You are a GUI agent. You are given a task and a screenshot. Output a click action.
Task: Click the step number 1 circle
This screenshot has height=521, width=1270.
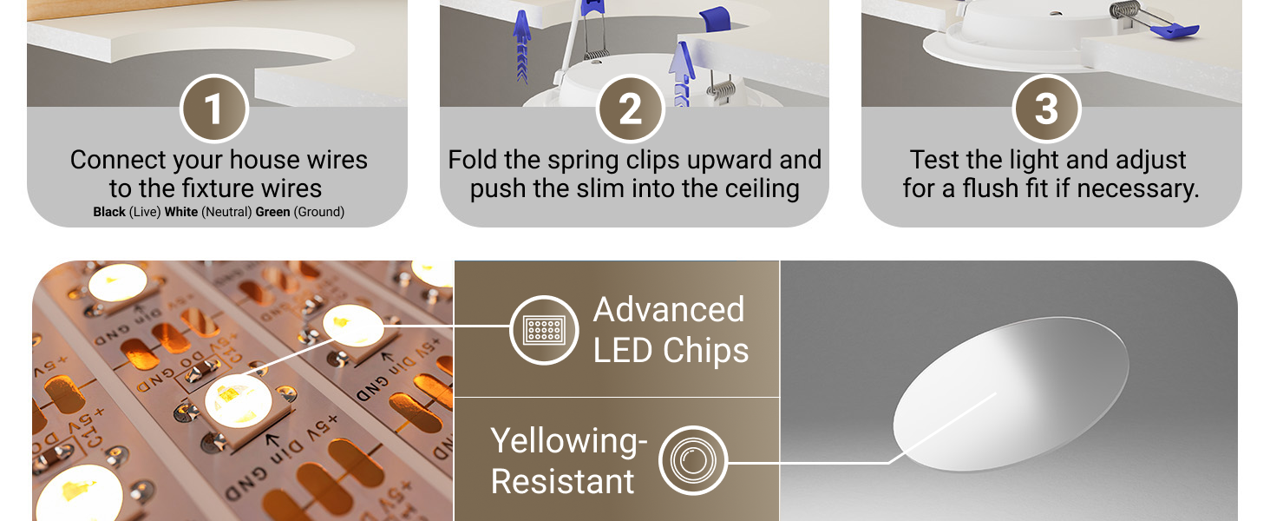(x=214, y=109)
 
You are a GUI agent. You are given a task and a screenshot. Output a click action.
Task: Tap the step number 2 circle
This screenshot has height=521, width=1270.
(x=631, y=109)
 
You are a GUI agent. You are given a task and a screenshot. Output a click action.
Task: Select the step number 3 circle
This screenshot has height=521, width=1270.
(x=1046, y=109)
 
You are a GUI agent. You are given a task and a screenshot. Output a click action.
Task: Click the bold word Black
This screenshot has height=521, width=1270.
(x=109, y=212)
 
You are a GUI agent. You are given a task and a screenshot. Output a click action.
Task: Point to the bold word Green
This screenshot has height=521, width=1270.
(x=272, y=212)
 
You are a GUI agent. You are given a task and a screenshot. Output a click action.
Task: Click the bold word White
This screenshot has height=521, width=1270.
(x=181, y=212)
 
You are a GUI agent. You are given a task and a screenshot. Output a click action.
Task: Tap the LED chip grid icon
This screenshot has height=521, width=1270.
(x=544, y=330)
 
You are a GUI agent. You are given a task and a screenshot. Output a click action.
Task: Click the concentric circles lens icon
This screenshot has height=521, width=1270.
(x=693, y=460)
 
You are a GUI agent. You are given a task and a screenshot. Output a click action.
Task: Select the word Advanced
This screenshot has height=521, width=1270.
(x=669, y=310)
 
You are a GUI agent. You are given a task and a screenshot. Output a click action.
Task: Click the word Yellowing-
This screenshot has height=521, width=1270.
(x=569, y=441)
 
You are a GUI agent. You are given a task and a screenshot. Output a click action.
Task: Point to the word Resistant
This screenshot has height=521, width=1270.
(x=562, y=482)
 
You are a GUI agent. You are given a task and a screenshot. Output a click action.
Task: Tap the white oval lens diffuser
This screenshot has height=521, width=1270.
(x=1011, y=394)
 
